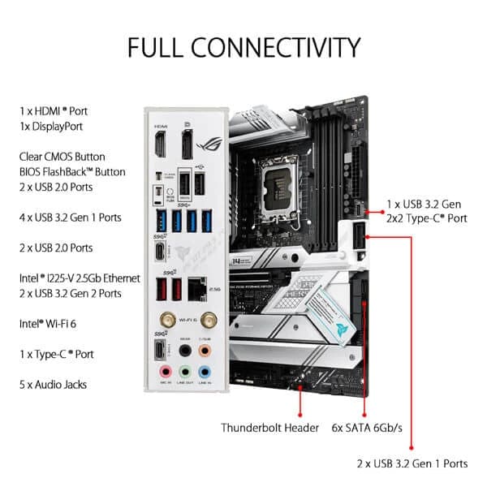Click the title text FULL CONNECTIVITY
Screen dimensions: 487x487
coord(243,46)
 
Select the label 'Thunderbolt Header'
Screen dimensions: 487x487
coord(269,426)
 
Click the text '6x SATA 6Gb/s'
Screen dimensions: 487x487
coord(366,426)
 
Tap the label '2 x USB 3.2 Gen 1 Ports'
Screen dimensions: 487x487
coord(412,463)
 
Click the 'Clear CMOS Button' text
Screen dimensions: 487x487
coord(62,157)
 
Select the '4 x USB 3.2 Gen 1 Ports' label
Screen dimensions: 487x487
coord(71,218)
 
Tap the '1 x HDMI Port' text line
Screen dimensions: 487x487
coord(58,110)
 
